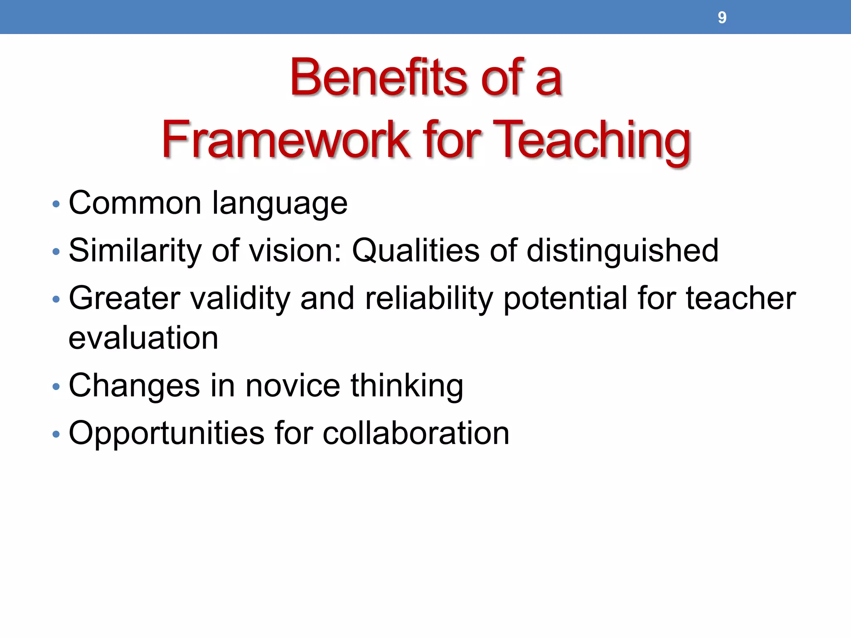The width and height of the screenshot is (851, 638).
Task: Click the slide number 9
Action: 722,17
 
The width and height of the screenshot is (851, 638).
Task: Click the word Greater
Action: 124,298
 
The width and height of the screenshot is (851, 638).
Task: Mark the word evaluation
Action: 143,338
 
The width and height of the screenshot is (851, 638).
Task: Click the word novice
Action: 293,385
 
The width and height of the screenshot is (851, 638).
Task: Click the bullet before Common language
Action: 56,204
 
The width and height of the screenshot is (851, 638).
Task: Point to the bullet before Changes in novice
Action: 56,387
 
